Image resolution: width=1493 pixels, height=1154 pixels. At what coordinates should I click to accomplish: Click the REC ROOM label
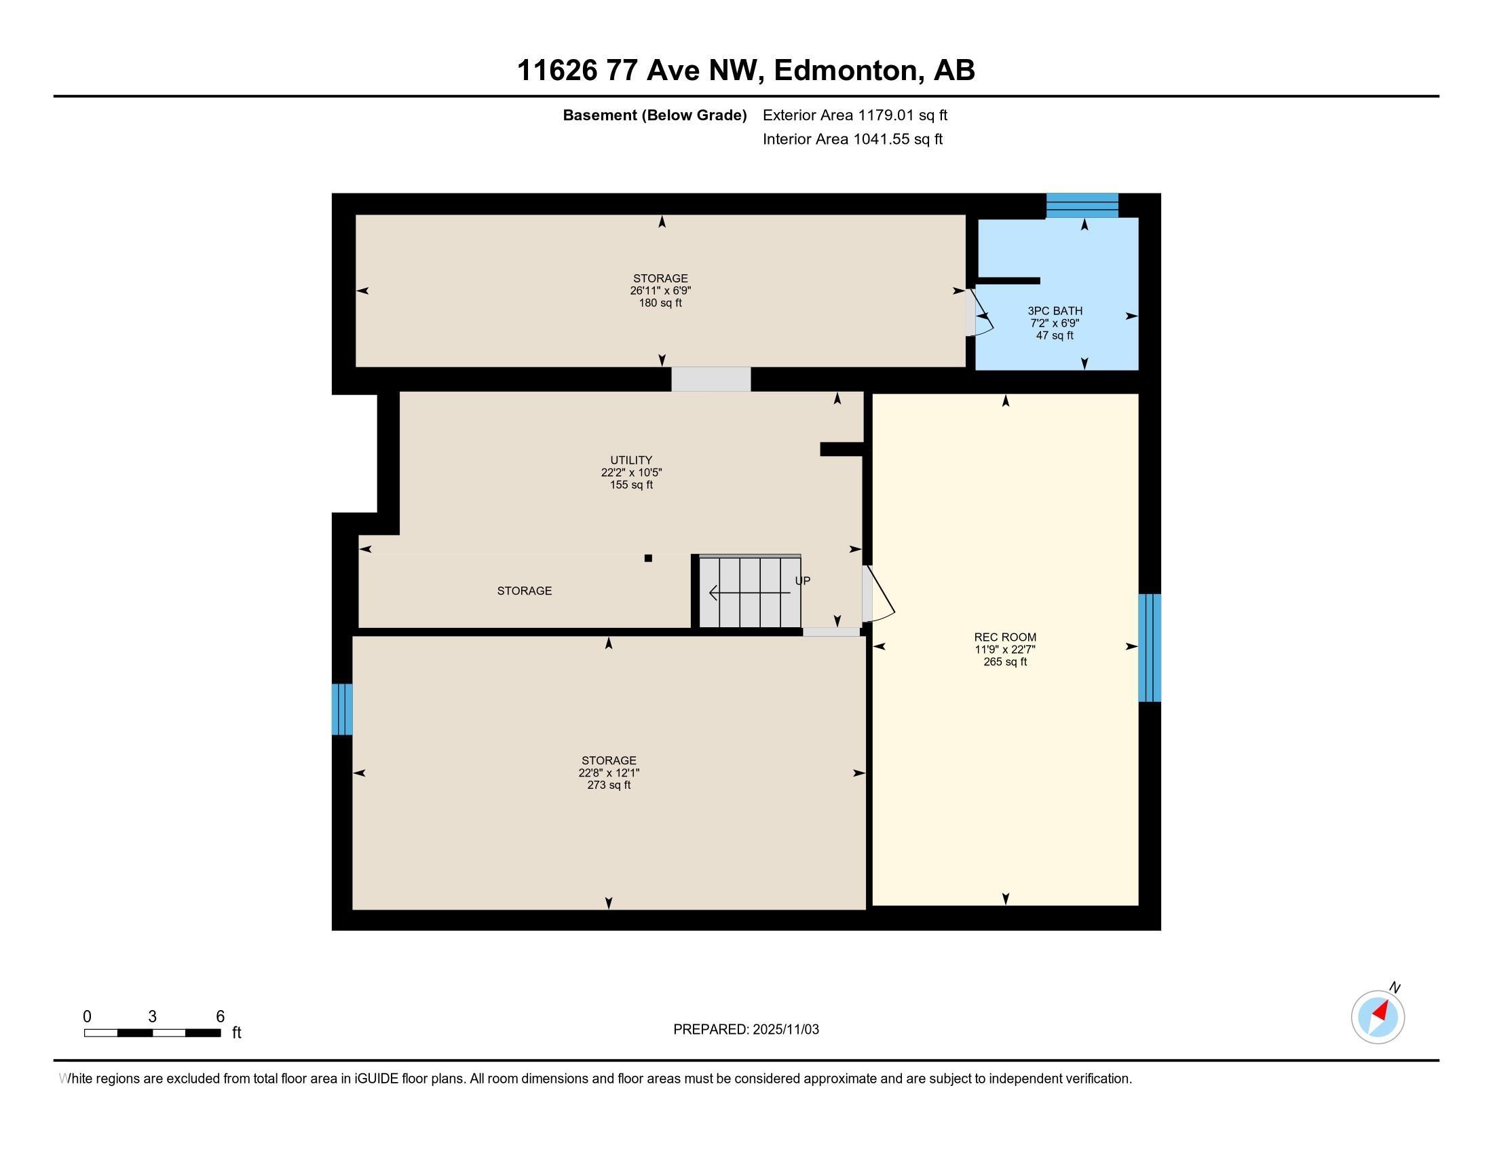point(1005,637)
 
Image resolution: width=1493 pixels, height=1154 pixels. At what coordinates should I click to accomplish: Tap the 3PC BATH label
point(1055,311)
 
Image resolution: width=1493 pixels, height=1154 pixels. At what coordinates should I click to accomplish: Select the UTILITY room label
point(631,460)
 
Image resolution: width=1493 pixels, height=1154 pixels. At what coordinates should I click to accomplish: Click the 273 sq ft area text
point(609,785)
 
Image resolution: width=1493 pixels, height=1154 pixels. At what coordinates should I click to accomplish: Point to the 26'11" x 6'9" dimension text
point(660,291)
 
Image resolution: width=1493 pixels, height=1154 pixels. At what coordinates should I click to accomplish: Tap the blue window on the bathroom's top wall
point(1082,205)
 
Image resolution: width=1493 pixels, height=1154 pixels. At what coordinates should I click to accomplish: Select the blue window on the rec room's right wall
point(1149,648)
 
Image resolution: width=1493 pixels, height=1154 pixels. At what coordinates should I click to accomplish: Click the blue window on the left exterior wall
point(342,709)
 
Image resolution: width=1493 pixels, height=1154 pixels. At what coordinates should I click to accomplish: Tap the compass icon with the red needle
point(1378,1017)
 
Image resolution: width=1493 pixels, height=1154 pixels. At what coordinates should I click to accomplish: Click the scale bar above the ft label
point(153,1032)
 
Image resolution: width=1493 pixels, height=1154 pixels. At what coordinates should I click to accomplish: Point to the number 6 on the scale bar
point(220,1016)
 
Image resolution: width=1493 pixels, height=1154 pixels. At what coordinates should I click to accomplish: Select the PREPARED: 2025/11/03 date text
point(746,1029)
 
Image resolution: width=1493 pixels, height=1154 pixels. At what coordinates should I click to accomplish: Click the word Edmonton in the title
point(846,71)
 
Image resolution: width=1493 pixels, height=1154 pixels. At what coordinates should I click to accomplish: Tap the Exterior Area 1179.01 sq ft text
point(855,115)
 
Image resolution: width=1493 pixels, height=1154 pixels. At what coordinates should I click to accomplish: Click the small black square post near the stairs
point(648,558)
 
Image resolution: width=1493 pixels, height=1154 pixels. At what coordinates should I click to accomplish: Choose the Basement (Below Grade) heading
point(654,115)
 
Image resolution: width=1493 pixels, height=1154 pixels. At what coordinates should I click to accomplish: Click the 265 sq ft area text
point(1005,662)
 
